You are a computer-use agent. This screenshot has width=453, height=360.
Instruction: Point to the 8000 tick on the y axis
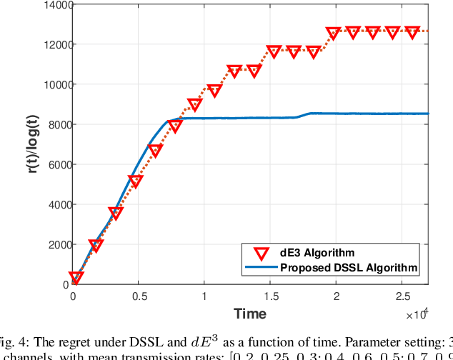(56, 124)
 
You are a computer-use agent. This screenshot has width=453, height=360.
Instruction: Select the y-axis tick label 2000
(56, 244)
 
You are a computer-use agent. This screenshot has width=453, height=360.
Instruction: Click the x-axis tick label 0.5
(139, 296)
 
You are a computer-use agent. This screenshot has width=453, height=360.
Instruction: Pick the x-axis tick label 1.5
(270, 296)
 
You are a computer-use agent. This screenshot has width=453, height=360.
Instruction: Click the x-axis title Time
(250, 314)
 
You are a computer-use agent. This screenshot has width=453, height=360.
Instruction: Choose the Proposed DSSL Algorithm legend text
(349, 267)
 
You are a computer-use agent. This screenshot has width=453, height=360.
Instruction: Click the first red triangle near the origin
(76, 278)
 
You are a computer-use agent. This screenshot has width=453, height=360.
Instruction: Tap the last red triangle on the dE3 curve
(412, 32)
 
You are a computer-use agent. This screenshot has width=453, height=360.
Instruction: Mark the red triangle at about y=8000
(175, 126)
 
